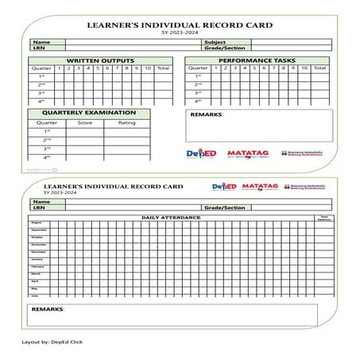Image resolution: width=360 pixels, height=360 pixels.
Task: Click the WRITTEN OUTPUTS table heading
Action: pyautogui.click(x=99, y=60)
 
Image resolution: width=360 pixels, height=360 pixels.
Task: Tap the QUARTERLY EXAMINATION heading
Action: pyautogui.click(x=87, y=113)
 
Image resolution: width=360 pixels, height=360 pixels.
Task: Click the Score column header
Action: pyautogui.click(x=85, y=122)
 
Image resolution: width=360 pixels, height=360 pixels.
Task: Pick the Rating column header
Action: pyautogui.click(x=126, y=122)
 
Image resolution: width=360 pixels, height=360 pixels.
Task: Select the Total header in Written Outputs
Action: pyautogui.click(x=163, y=68)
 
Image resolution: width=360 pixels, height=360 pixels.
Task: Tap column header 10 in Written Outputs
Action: pyautogui.click(x=147, y=68)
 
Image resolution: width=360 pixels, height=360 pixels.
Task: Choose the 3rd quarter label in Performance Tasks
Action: pyautogui.click(x=197, y=92)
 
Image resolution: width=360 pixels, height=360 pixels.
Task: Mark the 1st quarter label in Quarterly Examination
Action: pyautogui.click(x=47, y=131)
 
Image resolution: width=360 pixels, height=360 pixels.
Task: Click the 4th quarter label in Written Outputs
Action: pyautogui.click(x=41, y=101)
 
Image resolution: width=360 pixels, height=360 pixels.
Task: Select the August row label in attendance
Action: pyautogui.click(x=37, y=223)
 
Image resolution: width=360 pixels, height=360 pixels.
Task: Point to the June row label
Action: pyautogui.click(x=35, y=295)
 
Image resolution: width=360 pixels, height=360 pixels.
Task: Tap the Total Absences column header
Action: pyautogui.click(x=323, y=217)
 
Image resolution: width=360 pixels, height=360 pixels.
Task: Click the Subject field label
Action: pyautogui.click(x=215, y=41)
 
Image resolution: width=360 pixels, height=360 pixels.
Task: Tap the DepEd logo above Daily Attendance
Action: pyautogui.click(x=225, y=188)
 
